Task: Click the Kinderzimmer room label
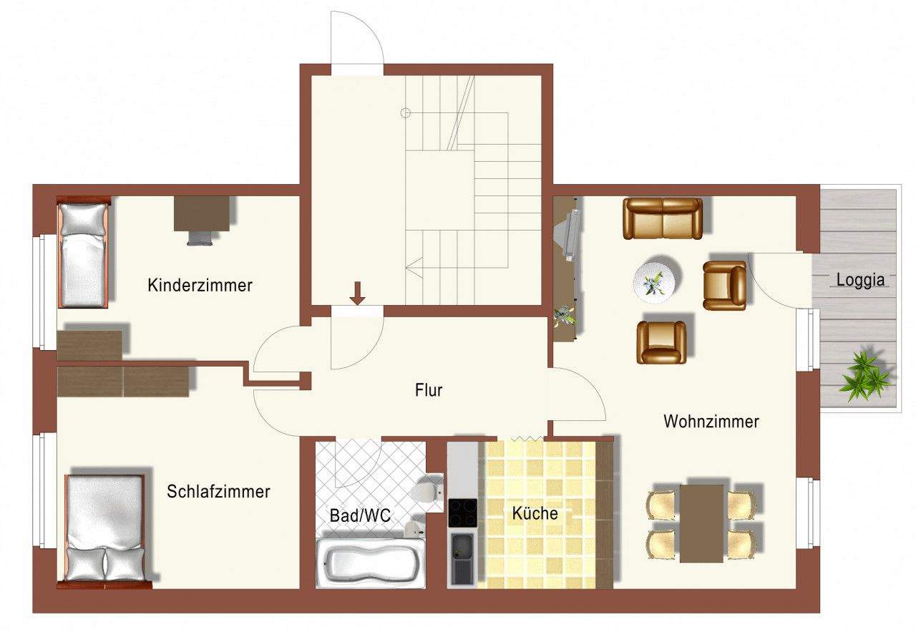(200, 286)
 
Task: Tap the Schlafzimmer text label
(218, 492)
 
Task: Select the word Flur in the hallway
(429, 390)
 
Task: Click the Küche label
(535, 513)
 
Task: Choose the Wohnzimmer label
(711, 421)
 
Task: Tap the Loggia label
(860, 280)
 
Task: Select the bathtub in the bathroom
(370, 563)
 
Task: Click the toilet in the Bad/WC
(427, 493)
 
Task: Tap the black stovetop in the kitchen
(462, 513)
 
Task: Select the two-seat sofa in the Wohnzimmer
(663, 218)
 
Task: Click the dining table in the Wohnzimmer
(701, 523)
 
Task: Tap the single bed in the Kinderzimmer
(82, 254)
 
